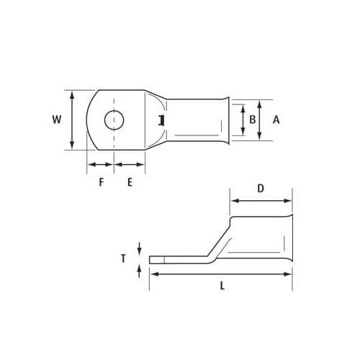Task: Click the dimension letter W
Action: click(x=57, y=120)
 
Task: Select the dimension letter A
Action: click(x=276, y=120)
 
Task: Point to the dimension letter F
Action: click(x=102, y=182)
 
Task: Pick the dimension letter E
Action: click(x=130, y=182)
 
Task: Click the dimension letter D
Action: click(x=261, y=188)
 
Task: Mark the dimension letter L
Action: click(x=222, y=286)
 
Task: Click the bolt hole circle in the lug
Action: click(x=114, y=120)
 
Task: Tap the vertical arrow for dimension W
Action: click(x=71, y=120)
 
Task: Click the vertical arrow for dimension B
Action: click(x=243, y=120)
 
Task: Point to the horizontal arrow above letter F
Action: click(x=101, y=165)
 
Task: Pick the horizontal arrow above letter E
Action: click(x=130, y=165)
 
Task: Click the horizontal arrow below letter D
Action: click(x=261, y=201)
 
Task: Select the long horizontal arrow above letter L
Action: click(x=220, y=274)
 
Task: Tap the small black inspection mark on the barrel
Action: click(x=163, y=120)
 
